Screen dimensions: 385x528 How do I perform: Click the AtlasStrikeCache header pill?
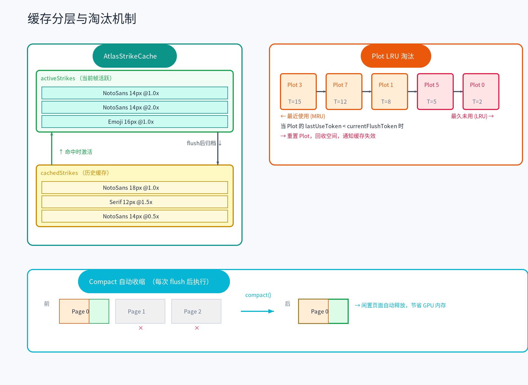134,56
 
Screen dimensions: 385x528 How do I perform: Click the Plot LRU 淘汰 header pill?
395,56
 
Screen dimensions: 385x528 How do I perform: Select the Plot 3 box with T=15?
298,92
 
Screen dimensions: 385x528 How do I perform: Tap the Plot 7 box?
344,92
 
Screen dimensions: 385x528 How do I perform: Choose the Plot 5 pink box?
435,92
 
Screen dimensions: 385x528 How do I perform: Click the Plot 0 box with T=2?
481,92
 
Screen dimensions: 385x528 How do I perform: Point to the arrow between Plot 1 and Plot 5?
412,92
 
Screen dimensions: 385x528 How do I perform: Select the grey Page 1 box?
140,311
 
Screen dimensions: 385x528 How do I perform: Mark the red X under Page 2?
197,328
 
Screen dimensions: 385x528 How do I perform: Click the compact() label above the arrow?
258,295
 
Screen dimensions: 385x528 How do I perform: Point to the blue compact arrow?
257,311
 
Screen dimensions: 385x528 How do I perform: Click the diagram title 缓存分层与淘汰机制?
82,19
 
